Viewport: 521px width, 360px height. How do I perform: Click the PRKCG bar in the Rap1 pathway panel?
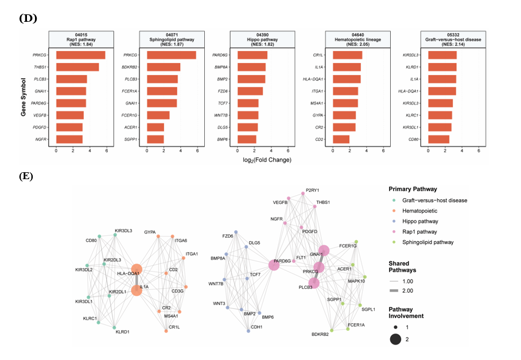click(80, 55)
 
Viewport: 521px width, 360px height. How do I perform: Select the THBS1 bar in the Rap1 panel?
click(77, 67)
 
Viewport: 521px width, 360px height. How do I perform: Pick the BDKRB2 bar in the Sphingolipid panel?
click(164, 67)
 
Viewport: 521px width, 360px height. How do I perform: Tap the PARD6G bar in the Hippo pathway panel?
click(252, 55)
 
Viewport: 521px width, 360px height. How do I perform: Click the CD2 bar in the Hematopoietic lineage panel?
click(341, 139)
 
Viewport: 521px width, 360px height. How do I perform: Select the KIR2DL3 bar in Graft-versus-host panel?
click(442, 55)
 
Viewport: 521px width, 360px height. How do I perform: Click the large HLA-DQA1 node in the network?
click(137, 270)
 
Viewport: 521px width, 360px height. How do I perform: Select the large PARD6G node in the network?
click(274, 265)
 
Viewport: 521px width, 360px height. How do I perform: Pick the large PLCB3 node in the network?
click(314, 282)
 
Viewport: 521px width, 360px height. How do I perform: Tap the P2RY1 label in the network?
click(313, 190)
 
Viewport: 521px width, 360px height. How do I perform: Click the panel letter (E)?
click(26, 176)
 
